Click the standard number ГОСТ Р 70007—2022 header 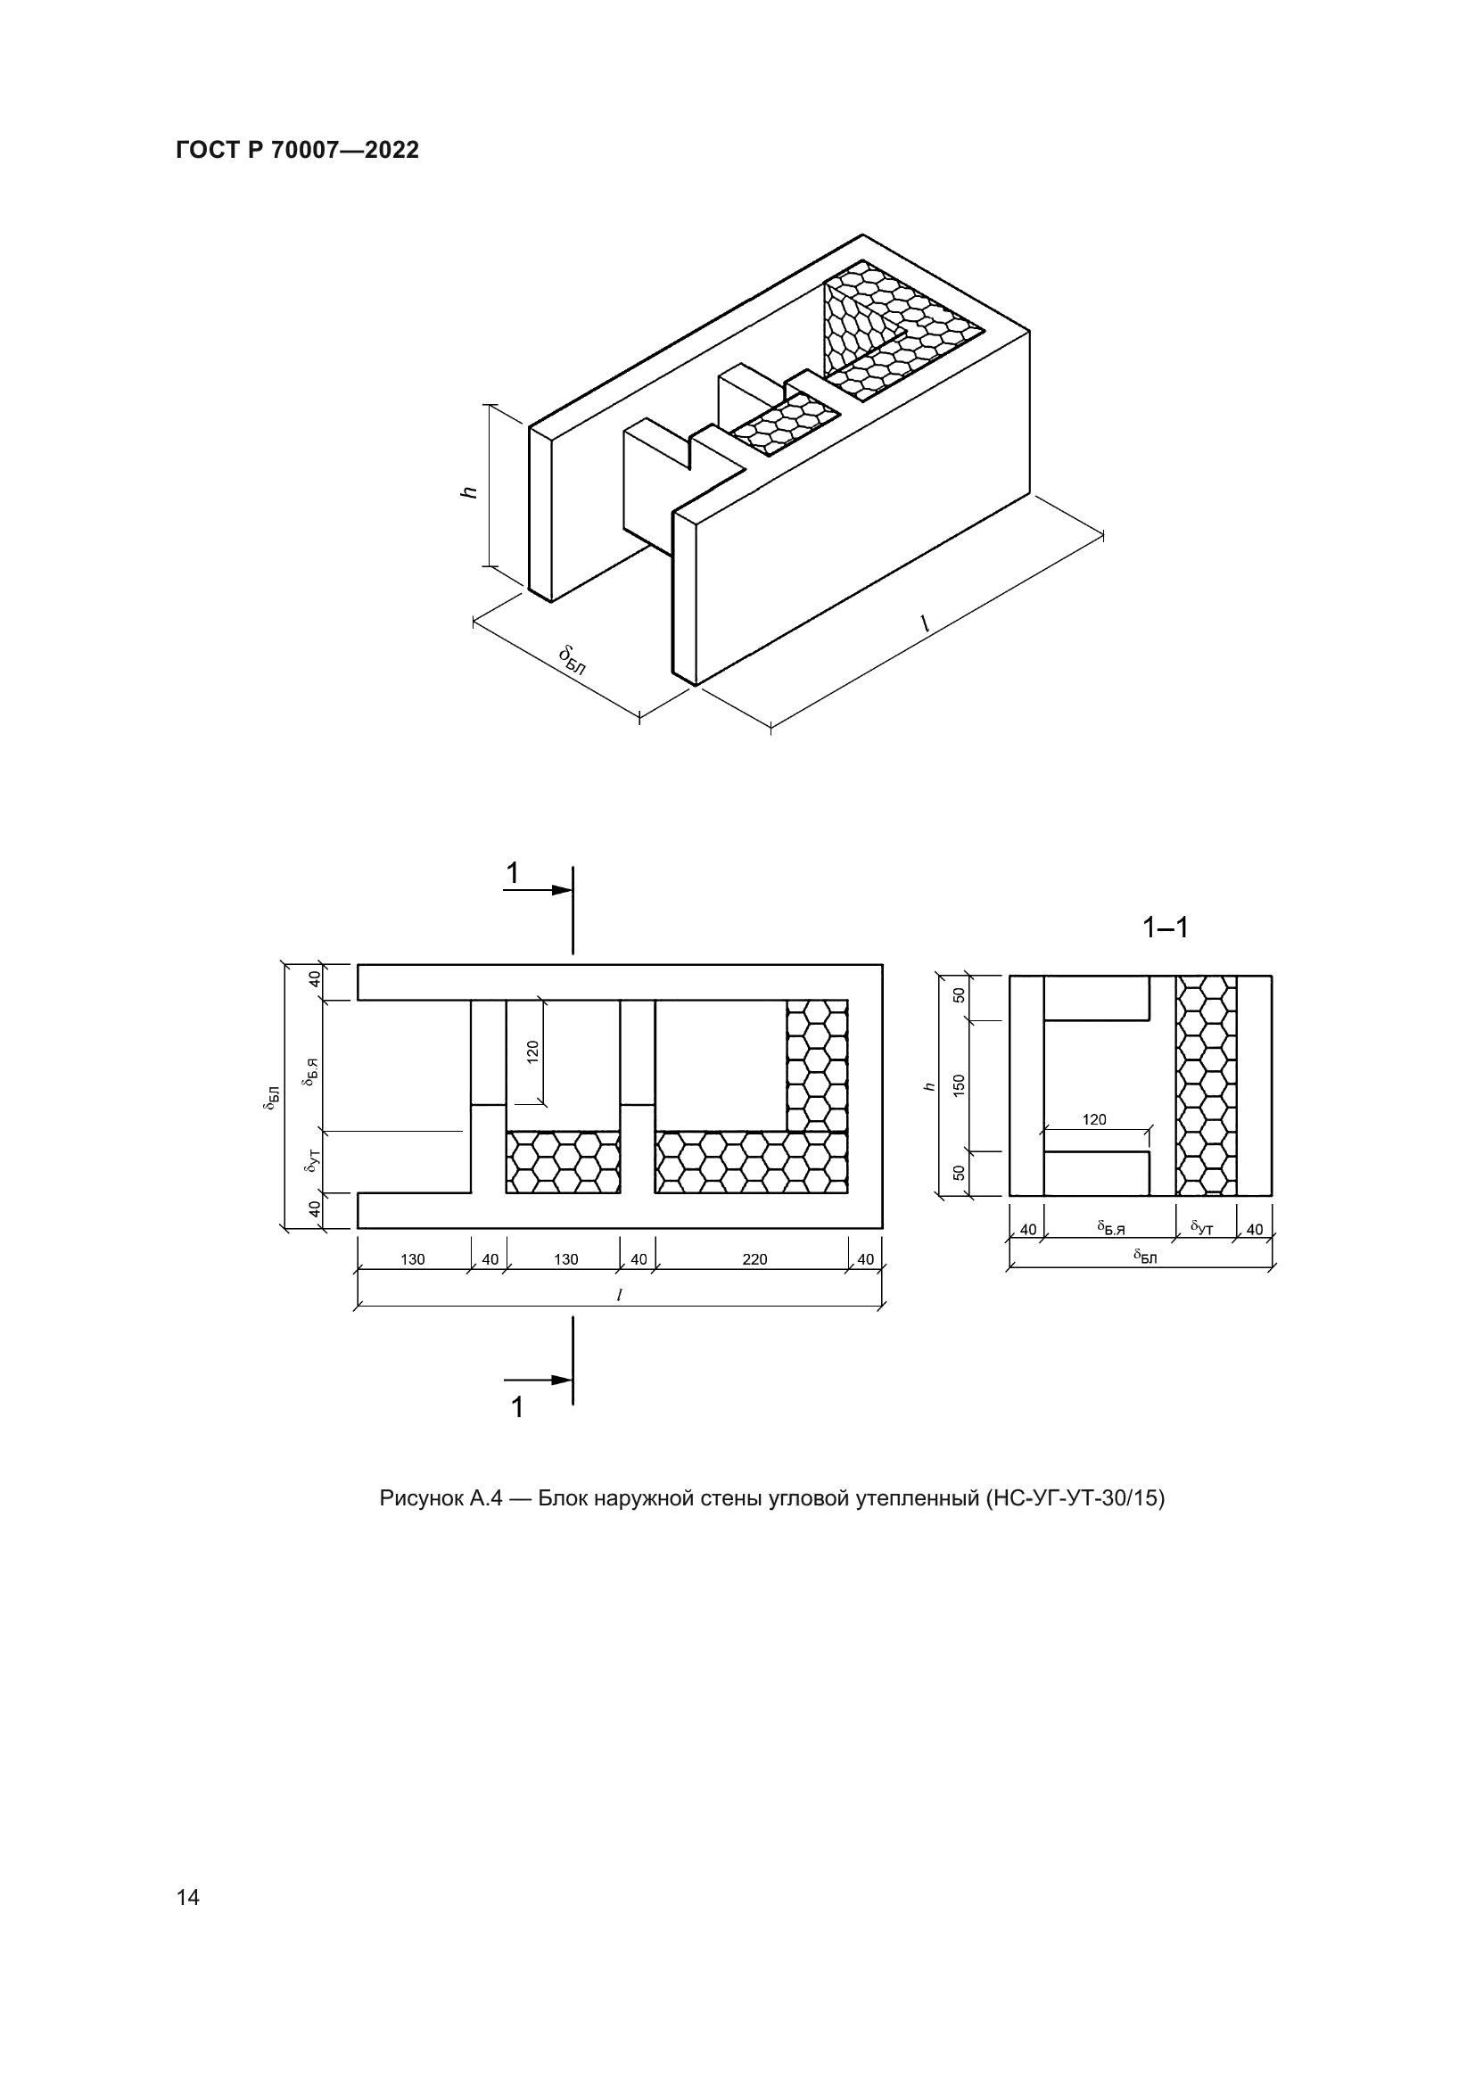coord(297,151)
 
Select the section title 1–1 coord(1166,927)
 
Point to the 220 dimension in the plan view coord(754,1259)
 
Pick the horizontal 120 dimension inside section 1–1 coord(1094,1120)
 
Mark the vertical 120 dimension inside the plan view coord(533,1052)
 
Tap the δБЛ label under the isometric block coord(573,661)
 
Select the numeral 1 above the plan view coord(512,873)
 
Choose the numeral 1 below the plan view coord(517,1407)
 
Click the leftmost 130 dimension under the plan coord(412,1259)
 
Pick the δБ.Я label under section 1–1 coord(1110,1228)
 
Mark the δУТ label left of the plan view coord(312,1160)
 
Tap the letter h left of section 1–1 coord(928,1085)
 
